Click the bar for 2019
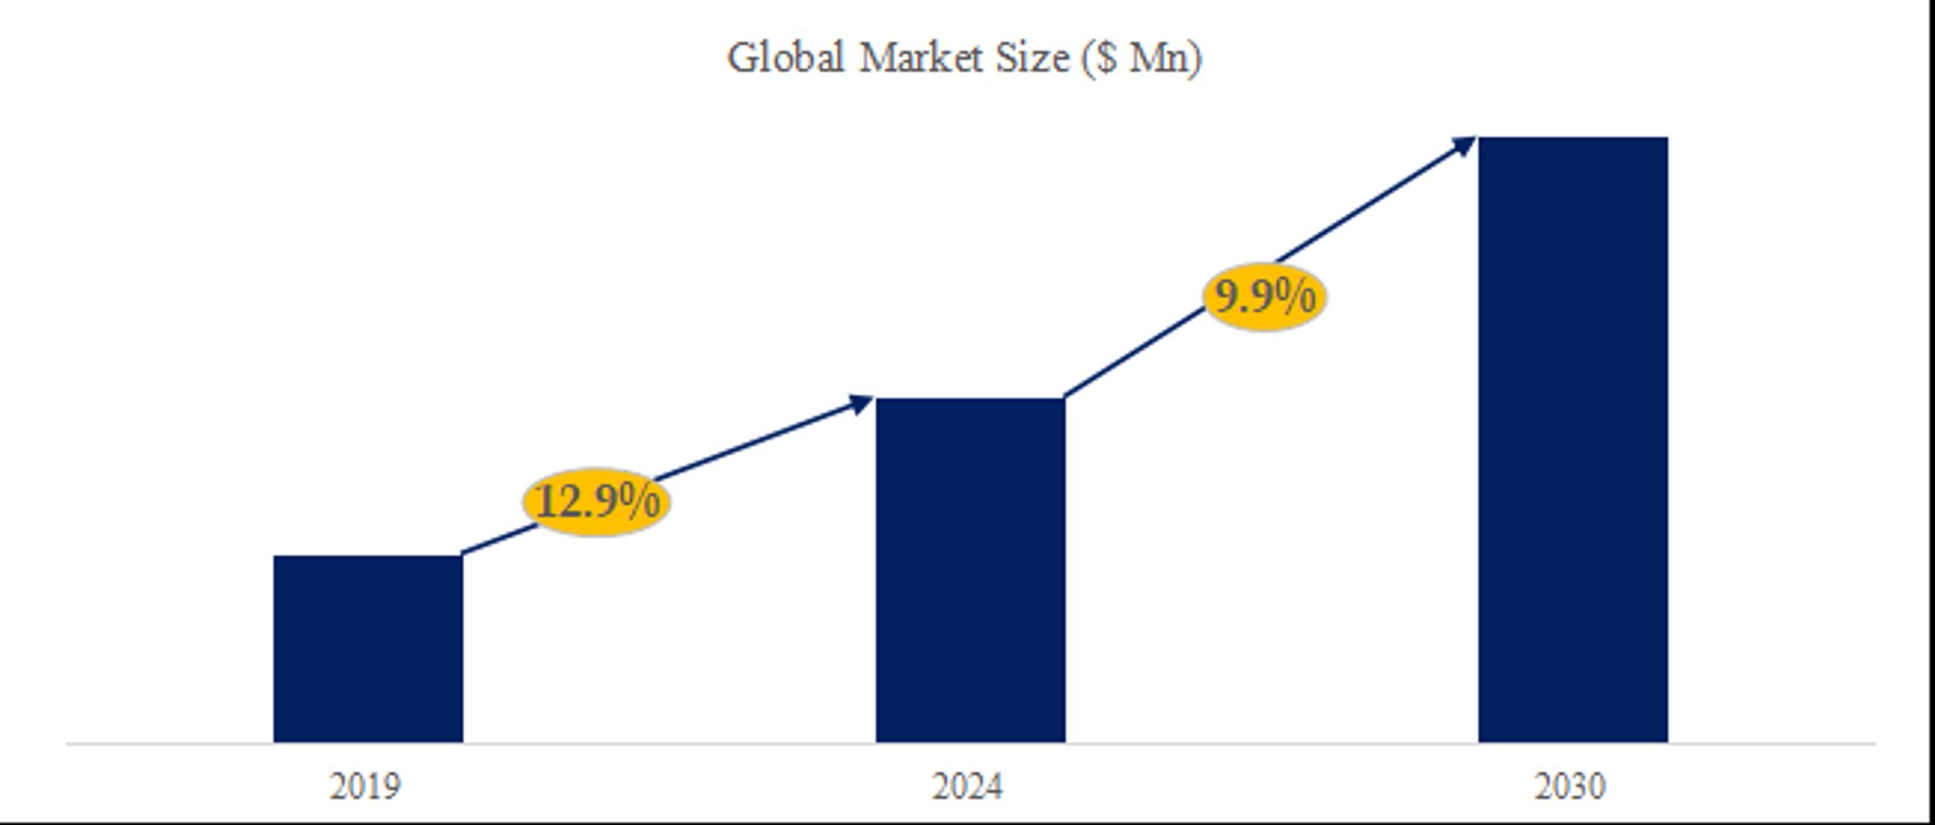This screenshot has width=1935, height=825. click(x=368, y=649)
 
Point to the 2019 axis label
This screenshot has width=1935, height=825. click(x=365, y=787)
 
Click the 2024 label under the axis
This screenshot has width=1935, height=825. click(x=967, y=787)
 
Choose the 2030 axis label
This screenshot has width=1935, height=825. click(x=1570, y=787)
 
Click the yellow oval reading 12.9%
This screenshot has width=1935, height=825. click(x=596, y=502)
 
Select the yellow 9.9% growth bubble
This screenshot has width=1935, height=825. click(x=1264, y=296)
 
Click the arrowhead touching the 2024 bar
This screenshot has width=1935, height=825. click(x=861, y=404)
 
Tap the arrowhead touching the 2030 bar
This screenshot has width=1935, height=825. click(x=1464, y=145)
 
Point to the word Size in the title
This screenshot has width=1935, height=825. click(x=1032, y=58)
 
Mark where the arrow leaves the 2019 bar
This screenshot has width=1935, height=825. click(x=465, y=552)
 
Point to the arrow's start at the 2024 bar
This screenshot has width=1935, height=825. click(x=1067, y=395)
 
